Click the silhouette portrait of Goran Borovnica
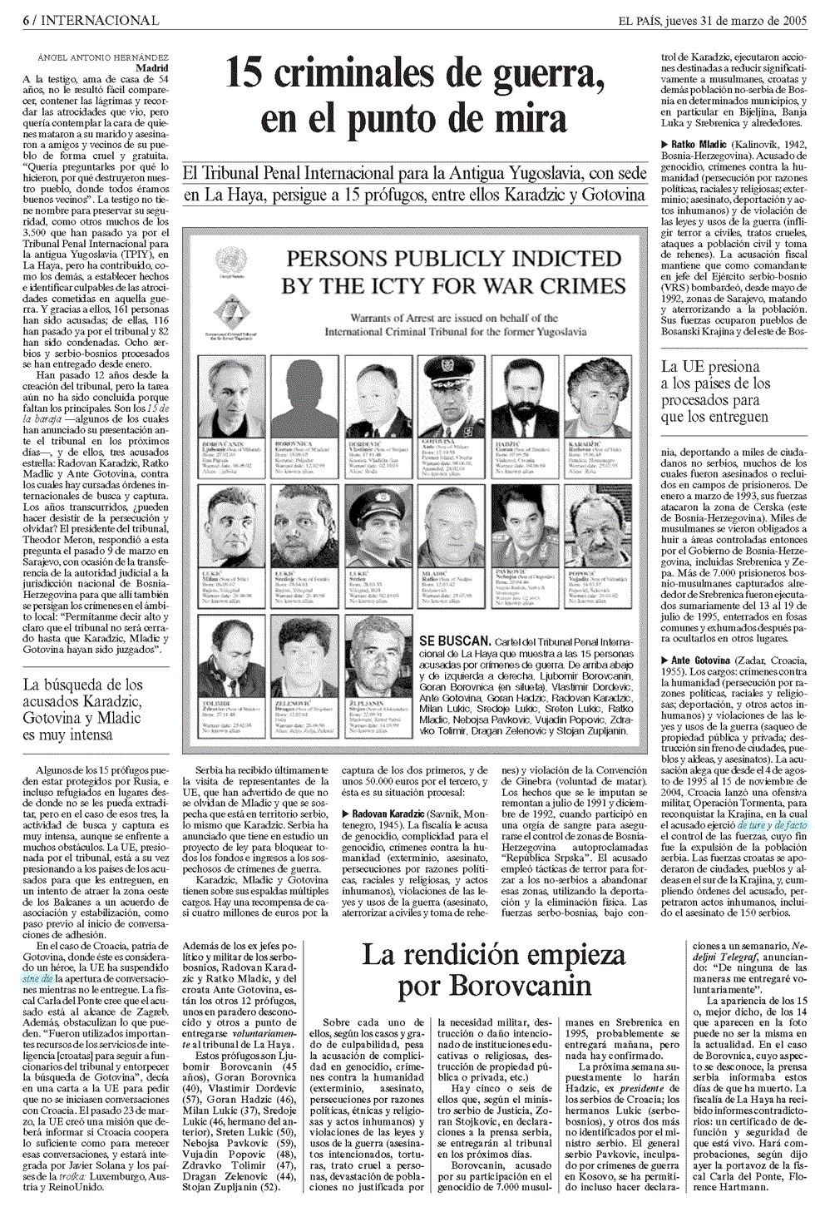[306, 397]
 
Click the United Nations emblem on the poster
[226, 259]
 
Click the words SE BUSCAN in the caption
[454, 641]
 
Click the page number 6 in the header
[27, 20]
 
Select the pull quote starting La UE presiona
[715, 391]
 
